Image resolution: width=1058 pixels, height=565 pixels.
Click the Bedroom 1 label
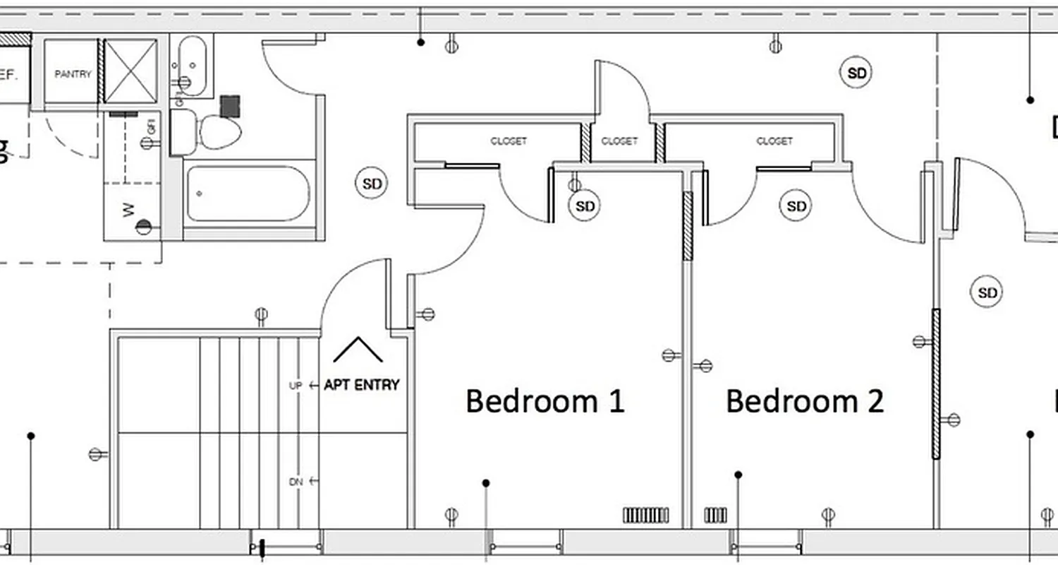click(x=545, y=401)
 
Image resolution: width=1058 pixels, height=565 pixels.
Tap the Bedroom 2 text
click(x=805, y=401)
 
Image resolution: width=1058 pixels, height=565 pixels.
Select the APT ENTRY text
click(x=361, y=385)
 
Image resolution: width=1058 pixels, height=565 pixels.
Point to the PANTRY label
click(x=73, y=73)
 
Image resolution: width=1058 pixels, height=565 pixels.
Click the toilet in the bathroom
click(x=219, y=131)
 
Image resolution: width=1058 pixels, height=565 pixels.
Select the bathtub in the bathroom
click(x=248, y=194)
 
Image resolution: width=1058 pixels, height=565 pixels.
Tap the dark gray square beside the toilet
click(x=231, y=107)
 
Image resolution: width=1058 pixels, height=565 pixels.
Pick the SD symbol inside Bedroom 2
click(x=796, y=206)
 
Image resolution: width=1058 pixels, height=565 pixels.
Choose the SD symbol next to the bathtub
click(x=372, y=184)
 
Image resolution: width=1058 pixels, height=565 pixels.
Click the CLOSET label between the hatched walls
click(x=619, y=141)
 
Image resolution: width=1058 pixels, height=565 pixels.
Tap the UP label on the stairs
click(x=296, y=386)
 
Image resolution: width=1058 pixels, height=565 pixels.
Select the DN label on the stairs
click(x=296, y=482)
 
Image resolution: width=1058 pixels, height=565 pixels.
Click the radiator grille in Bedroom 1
click(x=645, y=516)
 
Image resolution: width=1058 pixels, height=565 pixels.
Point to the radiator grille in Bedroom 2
click(x=716, y=516)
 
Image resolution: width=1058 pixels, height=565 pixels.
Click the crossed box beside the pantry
click(x=130, y=71)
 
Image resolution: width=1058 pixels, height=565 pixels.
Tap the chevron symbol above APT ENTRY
click(x=358, y=350)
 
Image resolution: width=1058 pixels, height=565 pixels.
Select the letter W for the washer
click(x=128, y=210)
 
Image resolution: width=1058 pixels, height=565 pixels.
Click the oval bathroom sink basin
click(x=192, y=65)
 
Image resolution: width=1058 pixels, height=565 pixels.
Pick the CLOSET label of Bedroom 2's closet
click(x=774, y=141)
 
